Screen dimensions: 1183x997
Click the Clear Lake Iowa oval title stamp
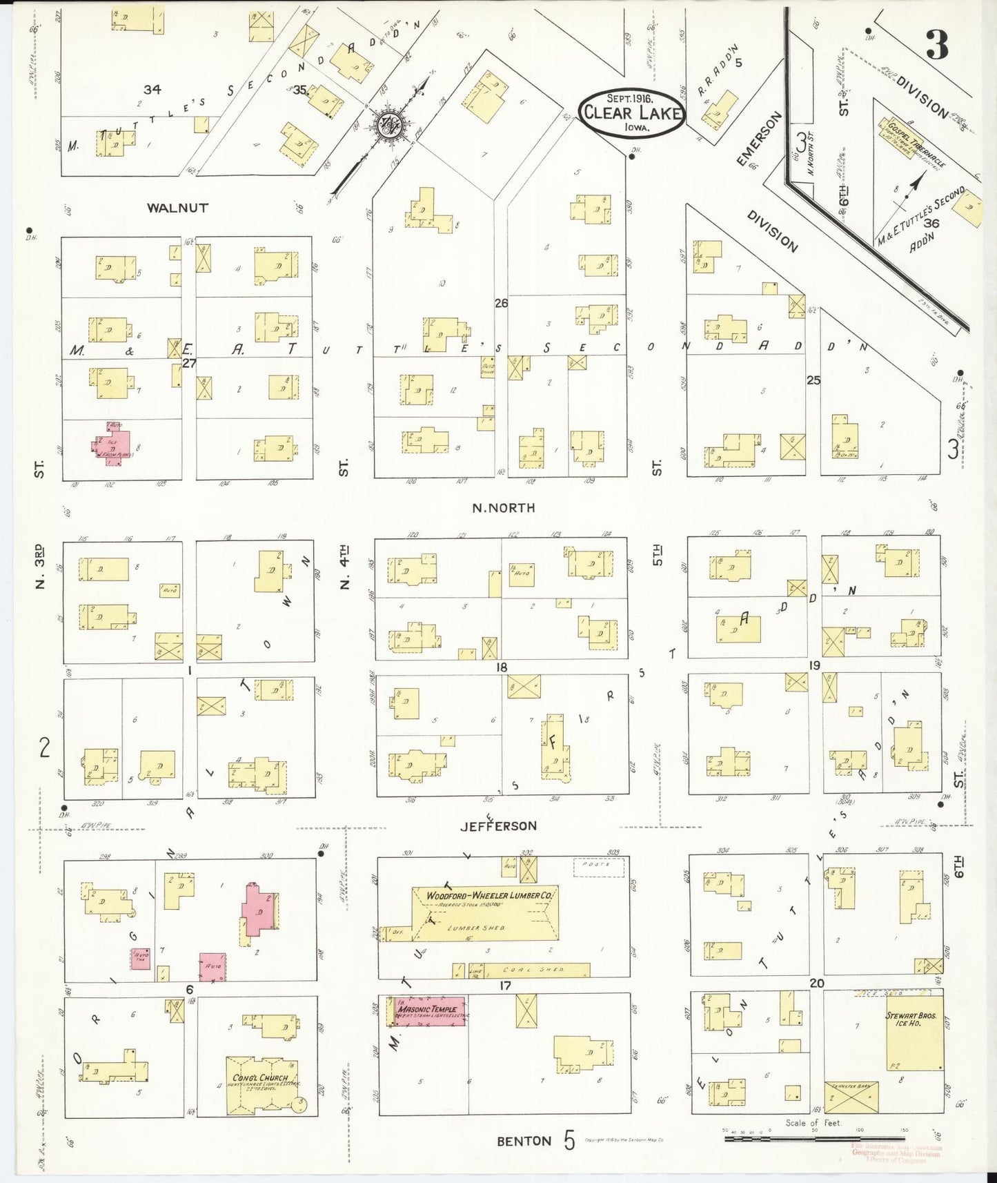click(631, 113)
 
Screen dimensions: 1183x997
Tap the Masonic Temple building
click(428, 1012)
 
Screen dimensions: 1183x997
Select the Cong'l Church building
click(263, 1089)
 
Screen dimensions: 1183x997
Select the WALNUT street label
click(177, 207)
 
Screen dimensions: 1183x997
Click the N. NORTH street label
click(503, 508)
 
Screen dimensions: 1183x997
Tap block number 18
click(501, 667)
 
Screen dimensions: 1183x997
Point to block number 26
click(501, 302)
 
